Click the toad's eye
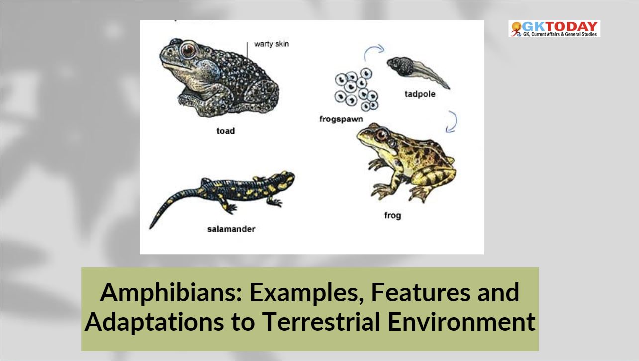pos(188,50)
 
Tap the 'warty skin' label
pos(272,44)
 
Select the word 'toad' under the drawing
pos(226,131)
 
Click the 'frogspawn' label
pos(341,119)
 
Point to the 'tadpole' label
pos(420,94)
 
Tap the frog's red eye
pos(381,135)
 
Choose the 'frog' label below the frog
pos(393,215)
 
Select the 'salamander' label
pos(231,229)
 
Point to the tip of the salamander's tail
pos(150,228)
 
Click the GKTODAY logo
pos(554,28)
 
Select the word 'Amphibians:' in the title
pos(171,293)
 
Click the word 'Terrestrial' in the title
pos(323,322)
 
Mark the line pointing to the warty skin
pos(247,53)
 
